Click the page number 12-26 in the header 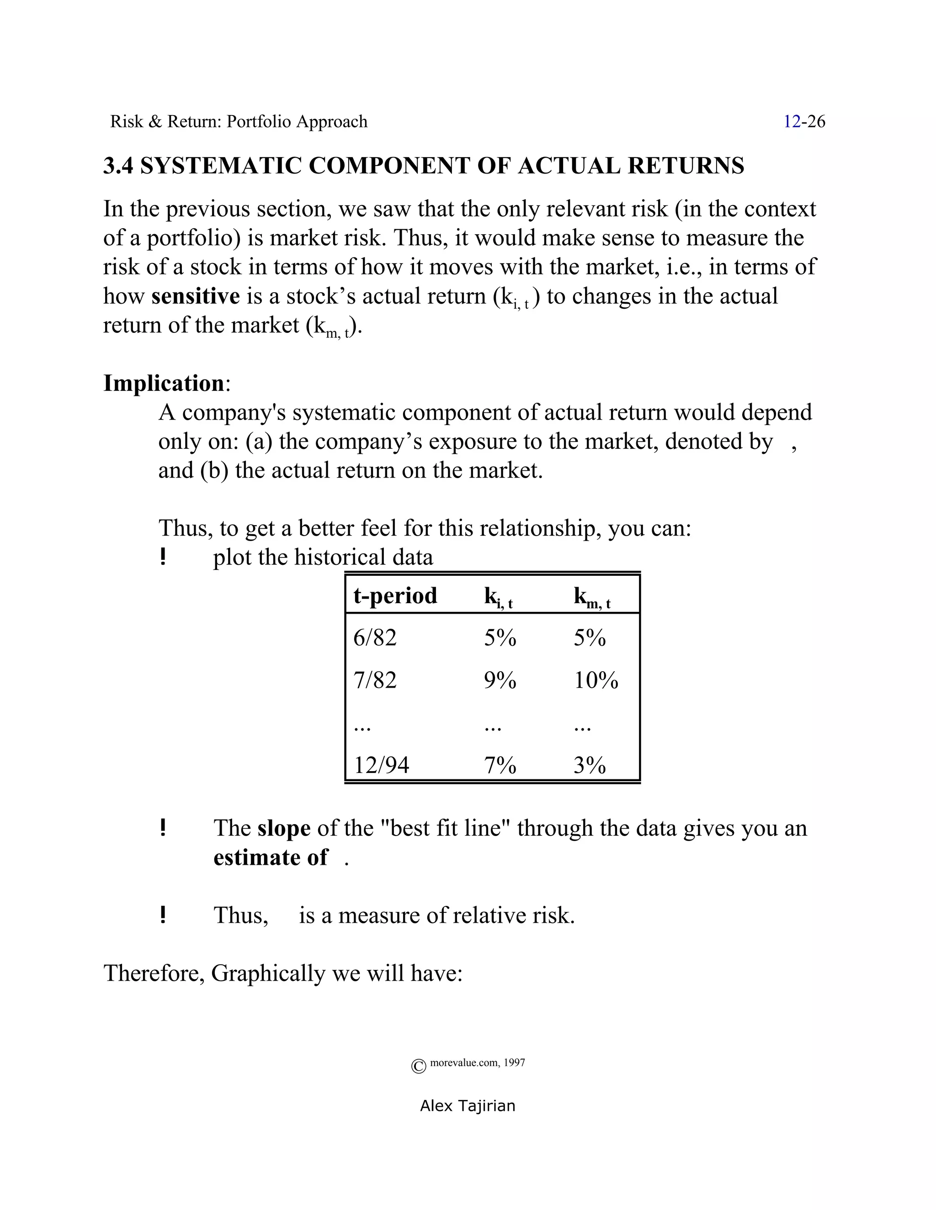[803, 121]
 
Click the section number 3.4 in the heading [118, 166]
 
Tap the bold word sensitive [195, 296]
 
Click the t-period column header [395, 595]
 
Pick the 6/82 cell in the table [375, 638]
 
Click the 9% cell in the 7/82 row [500, 680]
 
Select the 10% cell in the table [596, 680]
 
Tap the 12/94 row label [381, 765]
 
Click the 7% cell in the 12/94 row [500, 765]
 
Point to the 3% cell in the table [590, 765]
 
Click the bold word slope [283, 828]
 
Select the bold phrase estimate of [270, 858]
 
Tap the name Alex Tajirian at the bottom [468, 1106]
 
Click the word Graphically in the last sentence [268, 973]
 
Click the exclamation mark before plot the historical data [162, 556]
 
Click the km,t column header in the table [591, 597]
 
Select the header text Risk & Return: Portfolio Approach [239, 121]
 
